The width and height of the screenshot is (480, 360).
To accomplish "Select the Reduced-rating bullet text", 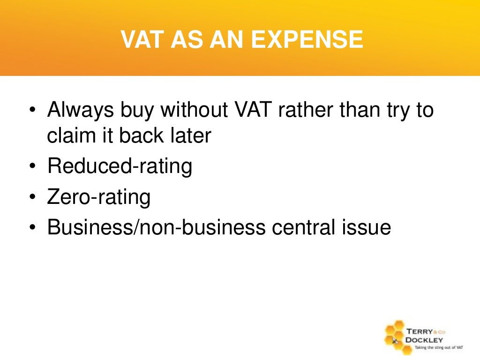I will point(120,166).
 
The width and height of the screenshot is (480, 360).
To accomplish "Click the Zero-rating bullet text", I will point(99,197).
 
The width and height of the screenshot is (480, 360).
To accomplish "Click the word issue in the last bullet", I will point(367,227).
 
